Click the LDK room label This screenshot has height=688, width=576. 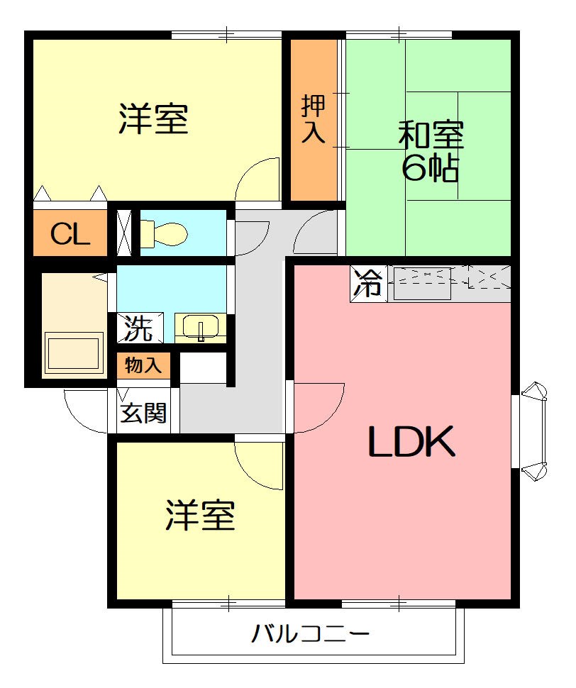point(411,443)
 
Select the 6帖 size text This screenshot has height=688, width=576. point(430,169)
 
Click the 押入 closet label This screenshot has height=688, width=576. point(314,119)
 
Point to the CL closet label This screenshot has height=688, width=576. point(70,233)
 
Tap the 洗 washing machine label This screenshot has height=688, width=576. point(138,328)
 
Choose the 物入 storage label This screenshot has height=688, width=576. point(143,365)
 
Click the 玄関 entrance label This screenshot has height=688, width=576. point(143,413)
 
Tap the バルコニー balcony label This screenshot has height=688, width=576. point(311,633)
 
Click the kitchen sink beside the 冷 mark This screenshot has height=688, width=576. point(423,282)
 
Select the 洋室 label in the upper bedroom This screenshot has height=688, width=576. point(153,119)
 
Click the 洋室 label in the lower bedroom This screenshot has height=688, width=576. point(200,516)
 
